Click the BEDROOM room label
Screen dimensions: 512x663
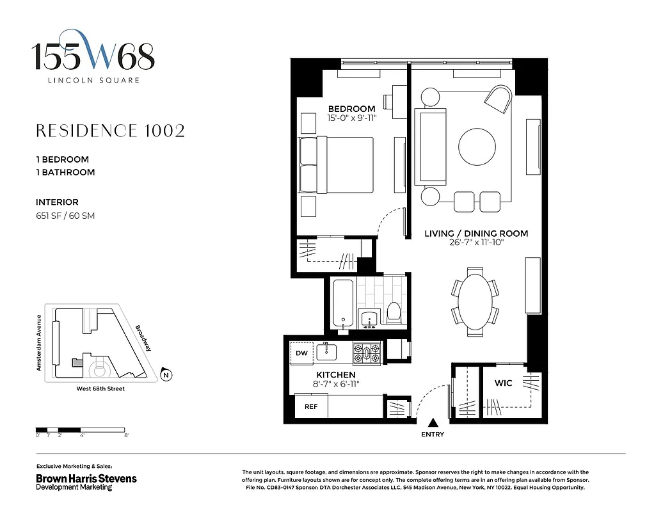pyautogui.click(x=351, y=109)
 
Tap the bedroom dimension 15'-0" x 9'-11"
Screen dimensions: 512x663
pyautogui.click(x=351, y=118)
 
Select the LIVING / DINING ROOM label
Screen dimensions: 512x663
pyautogui.click(x=476, y=234)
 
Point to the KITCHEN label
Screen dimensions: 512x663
pyautogui.click(x=336, y=374)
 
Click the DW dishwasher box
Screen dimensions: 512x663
pyautogui.click(x=302, y=353)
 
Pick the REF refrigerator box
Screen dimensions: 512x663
pyautogui.click(x=311, y=406)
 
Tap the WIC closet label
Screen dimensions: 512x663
pyautogui.click(x=504, y=383)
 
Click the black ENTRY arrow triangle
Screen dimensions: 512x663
pyautogui.click(x=433, y=422)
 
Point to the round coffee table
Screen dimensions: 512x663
pyautogui.click(x=476, y=147)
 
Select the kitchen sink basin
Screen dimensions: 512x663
pyautogui.click(x=330, y=351)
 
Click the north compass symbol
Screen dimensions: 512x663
pyautogui.click(x=166, y=375)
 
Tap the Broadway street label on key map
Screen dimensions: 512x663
pyautogui.click(x=143, y=338)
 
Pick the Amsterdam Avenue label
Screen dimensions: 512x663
pyautogui.click(x=39, y=342)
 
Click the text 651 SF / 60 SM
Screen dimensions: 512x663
pyautogui.click(x=65, y=216)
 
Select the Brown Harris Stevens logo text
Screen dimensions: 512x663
pyautogui.click(x=86, y=478)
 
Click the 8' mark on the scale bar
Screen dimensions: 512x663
pyautogui.click(x=127, y=435)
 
